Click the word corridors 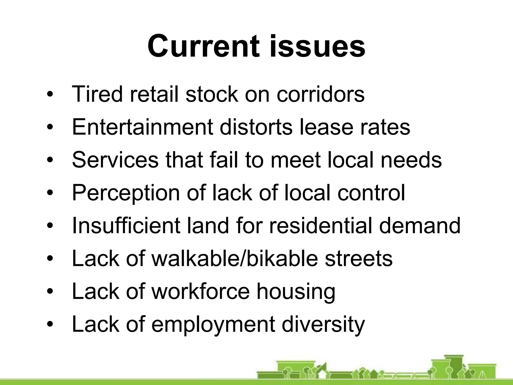point(320,94)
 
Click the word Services point(115,160)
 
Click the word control point(371,193)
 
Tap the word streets point(358,259)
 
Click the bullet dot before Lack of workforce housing point(50,292)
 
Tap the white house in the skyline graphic point(322,375)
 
